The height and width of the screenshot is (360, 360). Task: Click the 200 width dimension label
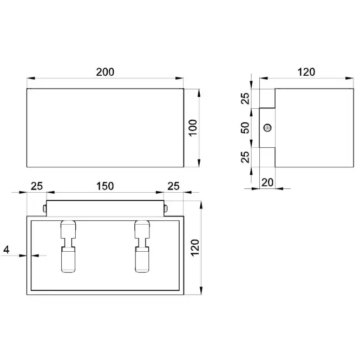pos(105,72)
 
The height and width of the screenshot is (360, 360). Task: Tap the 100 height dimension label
pos(193,128)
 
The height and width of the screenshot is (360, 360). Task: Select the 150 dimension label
pos(105,186)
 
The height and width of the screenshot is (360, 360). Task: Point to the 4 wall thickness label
pos(6,250)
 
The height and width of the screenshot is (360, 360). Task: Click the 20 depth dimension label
pos(267,182)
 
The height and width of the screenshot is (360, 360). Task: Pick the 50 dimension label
pos(245,128)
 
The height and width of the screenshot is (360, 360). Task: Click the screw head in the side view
pos(267,128)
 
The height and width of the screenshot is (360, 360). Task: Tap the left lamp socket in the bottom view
pos(68,246)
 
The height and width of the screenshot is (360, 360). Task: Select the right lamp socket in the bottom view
pos(142,246)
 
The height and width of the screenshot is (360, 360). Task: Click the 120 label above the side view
pos(306,72)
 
